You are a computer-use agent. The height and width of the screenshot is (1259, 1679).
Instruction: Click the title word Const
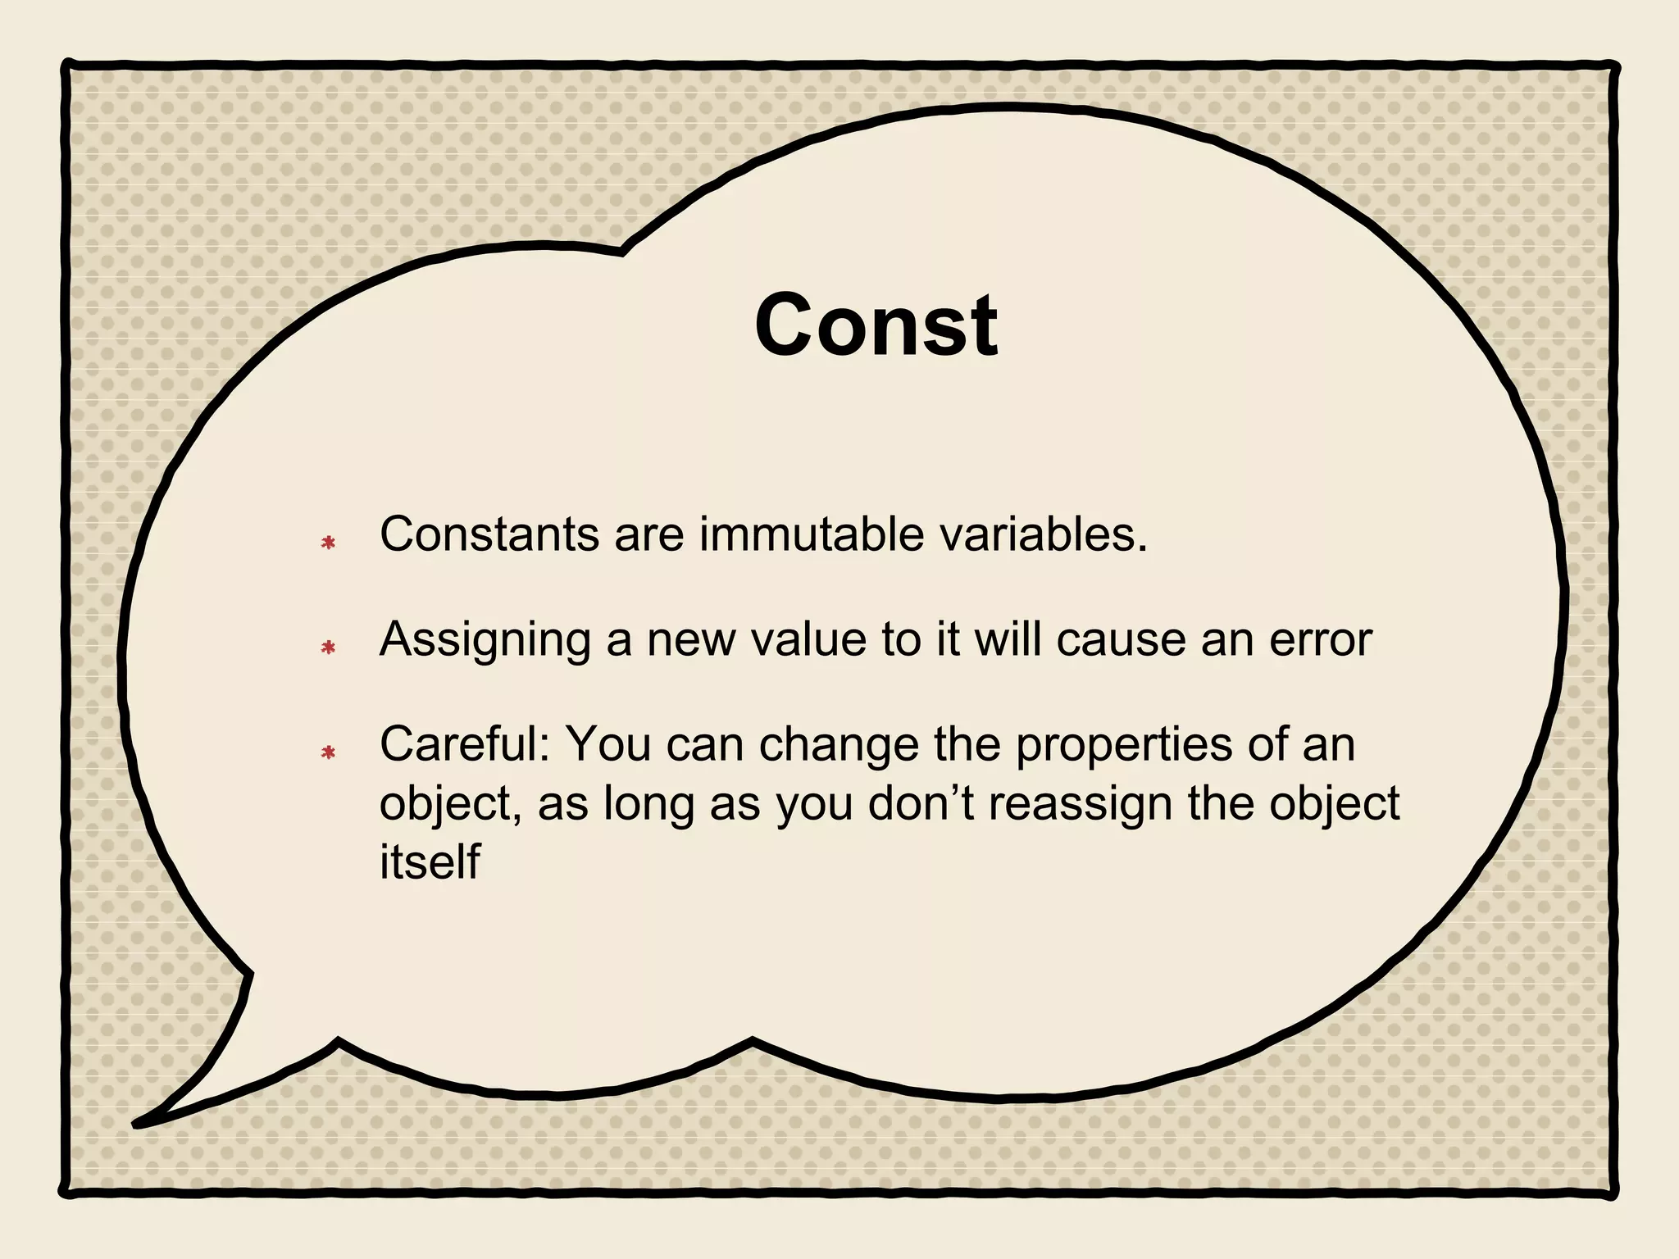pyautogui.click(x=876, y=325)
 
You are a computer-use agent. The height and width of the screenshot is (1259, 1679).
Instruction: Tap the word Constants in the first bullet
pyautogui.click(x=489, y=534)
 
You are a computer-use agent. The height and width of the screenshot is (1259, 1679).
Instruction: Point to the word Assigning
pyautogui.click(x=485, y=641)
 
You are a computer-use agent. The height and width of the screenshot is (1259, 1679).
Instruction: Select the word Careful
pyautogui.click(x=464, y=744)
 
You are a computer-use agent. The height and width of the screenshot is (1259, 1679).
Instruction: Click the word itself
pyautogui.click(x=429, y=862)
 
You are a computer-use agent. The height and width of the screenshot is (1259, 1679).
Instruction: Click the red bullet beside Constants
pyautogui.click(x=329, y=543)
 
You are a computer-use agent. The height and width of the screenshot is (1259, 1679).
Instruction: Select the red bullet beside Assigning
pyautogui.click(x=329, y=648)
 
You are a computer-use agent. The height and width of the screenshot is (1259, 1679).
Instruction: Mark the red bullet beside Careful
pyautogui.click(x=329, y=752)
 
